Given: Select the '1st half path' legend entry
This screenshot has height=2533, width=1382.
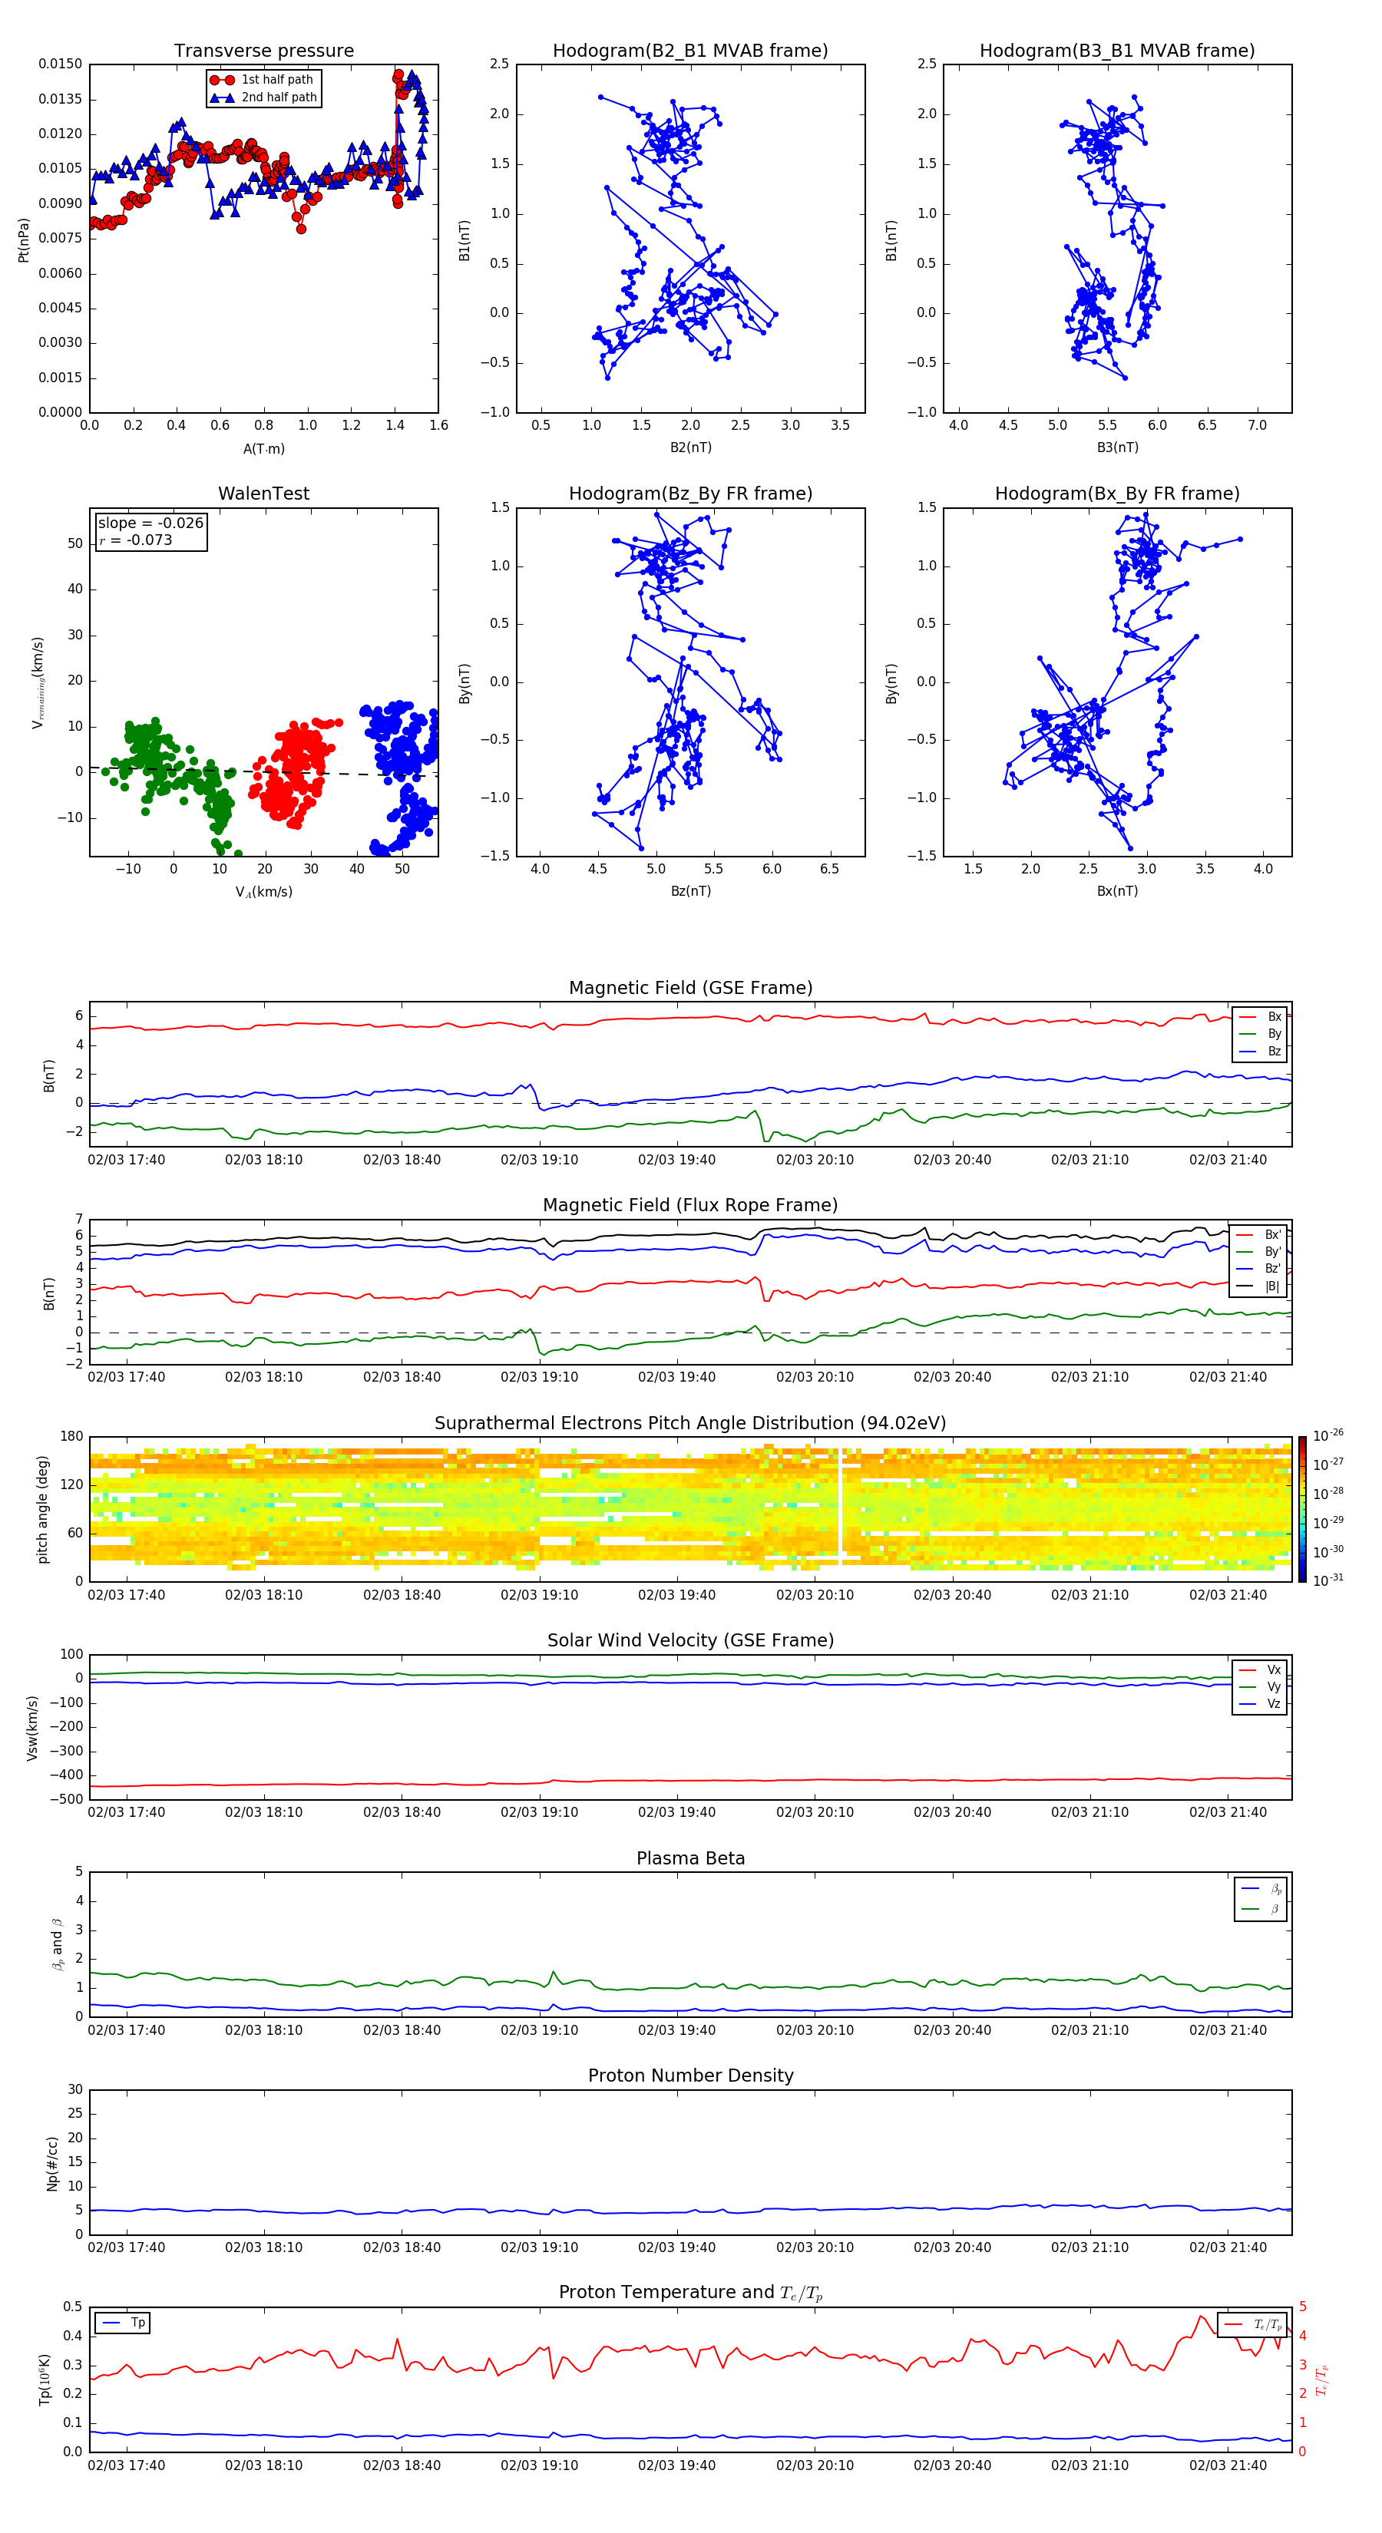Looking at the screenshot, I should tap(276, 80).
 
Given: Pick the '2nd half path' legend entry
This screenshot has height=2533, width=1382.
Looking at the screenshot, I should tap(279, 97).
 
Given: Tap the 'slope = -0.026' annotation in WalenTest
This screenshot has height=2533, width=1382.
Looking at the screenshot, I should tap(150, 523).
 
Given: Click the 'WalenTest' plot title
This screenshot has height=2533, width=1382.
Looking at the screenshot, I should tap(263, 494).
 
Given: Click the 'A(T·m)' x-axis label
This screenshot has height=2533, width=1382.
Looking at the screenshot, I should tap(263, 449).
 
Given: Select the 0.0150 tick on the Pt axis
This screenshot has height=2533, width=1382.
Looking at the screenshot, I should tap(60, 64).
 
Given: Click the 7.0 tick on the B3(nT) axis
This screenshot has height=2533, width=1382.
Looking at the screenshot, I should tap(1256, 426).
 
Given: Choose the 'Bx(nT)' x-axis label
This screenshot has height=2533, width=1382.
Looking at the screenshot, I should tap(1116, 892).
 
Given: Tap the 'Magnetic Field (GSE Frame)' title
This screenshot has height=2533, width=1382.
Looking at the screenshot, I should tap(690, 988).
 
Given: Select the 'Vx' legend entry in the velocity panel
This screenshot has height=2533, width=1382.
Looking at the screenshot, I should tap(1273, 1669).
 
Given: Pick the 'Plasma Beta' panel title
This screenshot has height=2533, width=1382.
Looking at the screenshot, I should tap(690, 1858).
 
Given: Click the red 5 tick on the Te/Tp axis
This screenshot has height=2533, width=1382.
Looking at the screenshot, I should tap(1302, 2307).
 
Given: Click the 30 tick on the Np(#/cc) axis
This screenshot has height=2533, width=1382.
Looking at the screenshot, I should tap(74, 2089).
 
